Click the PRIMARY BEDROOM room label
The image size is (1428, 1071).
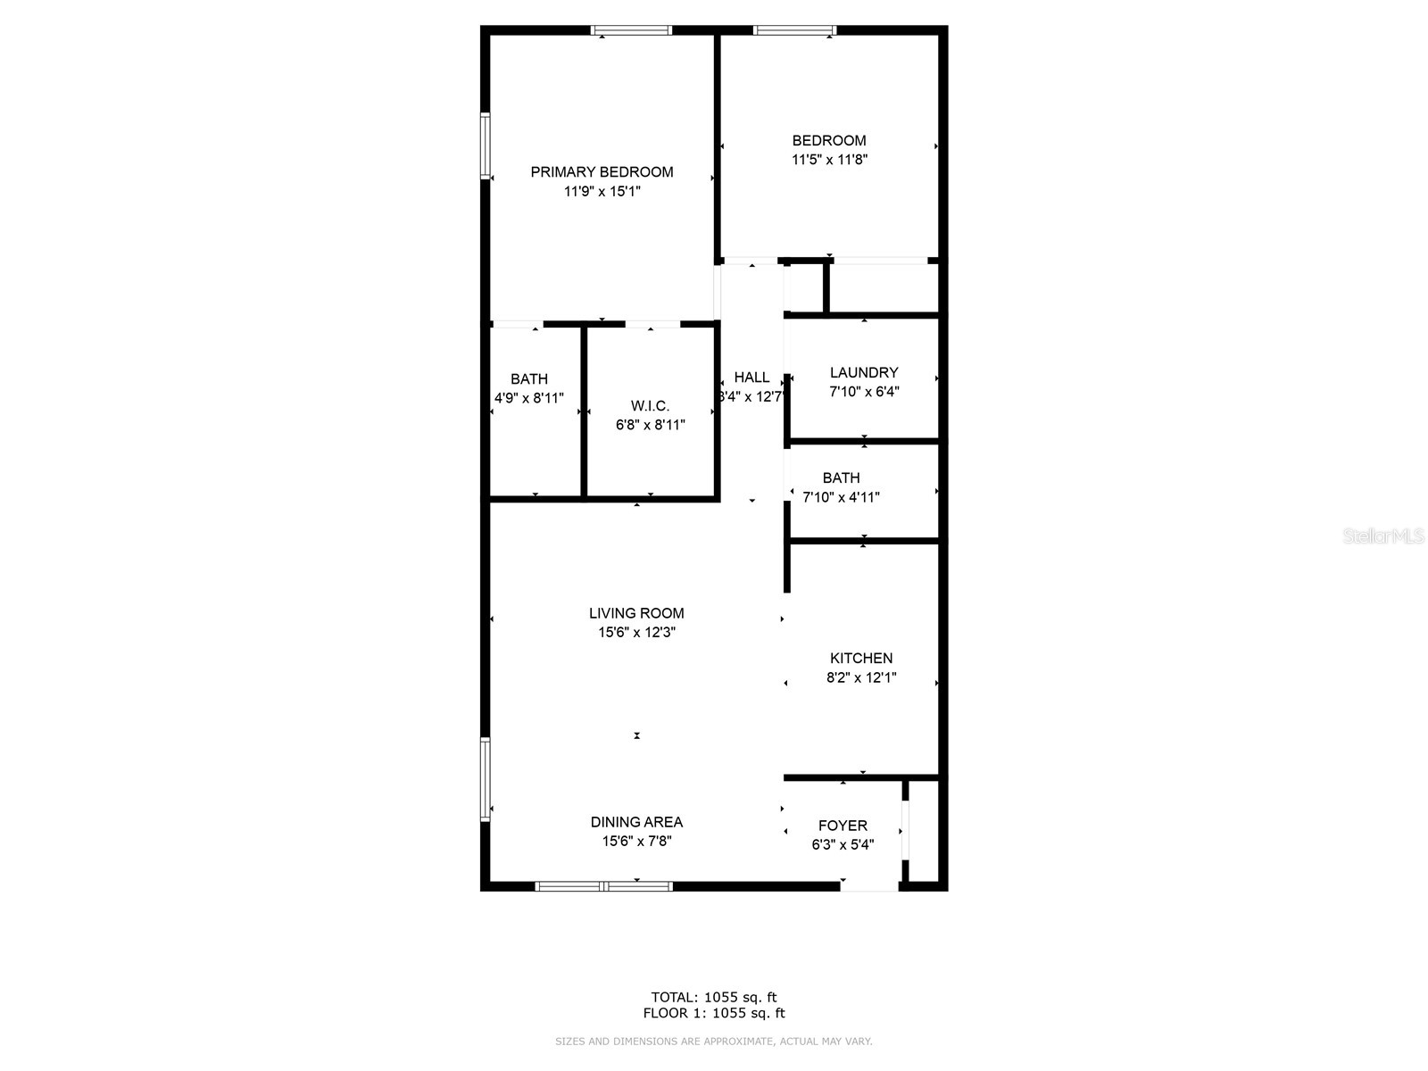602,171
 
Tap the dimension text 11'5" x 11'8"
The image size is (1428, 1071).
829,160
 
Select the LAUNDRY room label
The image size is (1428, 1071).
864,372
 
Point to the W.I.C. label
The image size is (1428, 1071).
650,406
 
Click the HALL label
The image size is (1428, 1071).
751,378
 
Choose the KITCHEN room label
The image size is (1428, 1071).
860,658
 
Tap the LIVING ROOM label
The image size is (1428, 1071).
636,613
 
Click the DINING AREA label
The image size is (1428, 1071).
636,822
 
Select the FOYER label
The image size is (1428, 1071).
843,826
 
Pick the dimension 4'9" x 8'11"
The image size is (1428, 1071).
529,398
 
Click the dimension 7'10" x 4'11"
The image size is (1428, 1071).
841,497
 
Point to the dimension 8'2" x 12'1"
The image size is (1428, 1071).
860,677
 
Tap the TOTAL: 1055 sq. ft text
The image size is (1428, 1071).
714,997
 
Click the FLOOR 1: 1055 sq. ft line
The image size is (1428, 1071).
714,1013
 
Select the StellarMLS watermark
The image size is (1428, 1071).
1383,535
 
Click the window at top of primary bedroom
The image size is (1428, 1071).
631,30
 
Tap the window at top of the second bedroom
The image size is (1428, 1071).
794,30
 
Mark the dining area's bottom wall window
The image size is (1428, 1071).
603,886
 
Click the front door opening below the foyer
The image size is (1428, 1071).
870,886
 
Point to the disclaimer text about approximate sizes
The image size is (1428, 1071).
714,1041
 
